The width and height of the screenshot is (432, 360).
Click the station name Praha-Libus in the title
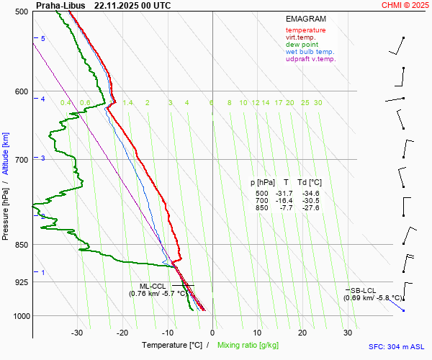click(60, 5)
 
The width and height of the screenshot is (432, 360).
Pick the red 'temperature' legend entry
click(305, 30)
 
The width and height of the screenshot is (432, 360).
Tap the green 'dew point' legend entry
click(302, 45)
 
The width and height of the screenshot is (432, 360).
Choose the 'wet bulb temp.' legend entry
click(310, 52)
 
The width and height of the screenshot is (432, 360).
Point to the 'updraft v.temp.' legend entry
click(310, 59)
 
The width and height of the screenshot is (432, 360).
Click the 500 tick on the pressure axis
click(21, 12)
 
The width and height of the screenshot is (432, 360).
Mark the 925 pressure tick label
click(21, 282)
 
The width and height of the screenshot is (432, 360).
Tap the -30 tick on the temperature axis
click(77, 333)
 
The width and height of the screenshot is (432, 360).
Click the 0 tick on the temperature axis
click(212, 333)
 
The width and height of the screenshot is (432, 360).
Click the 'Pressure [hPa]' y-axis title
click(6, 209)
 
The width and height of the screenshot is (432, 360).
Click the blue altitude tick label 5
click(42, 38)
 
